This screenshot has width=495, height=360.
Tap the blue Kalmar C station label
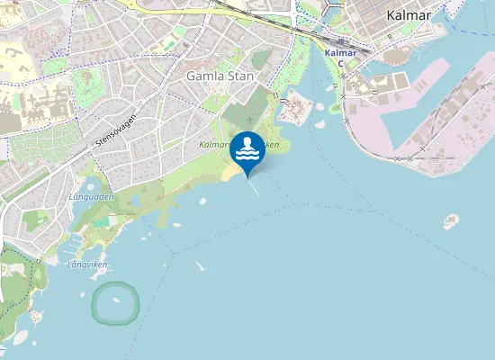340,58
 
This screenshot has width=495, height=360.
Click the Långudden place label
90,196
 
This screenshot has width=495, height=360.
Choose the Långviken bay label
87,265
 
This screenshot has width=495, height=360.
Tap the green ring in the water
115,302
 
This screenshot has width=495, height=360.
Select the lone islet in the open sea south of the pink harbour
451,220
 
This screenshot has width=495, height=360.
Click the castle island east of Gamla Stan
295,110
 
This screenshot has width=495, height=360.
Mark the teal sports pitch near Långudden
100,220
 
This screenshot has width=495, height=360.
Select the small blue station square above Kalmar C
342,40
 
